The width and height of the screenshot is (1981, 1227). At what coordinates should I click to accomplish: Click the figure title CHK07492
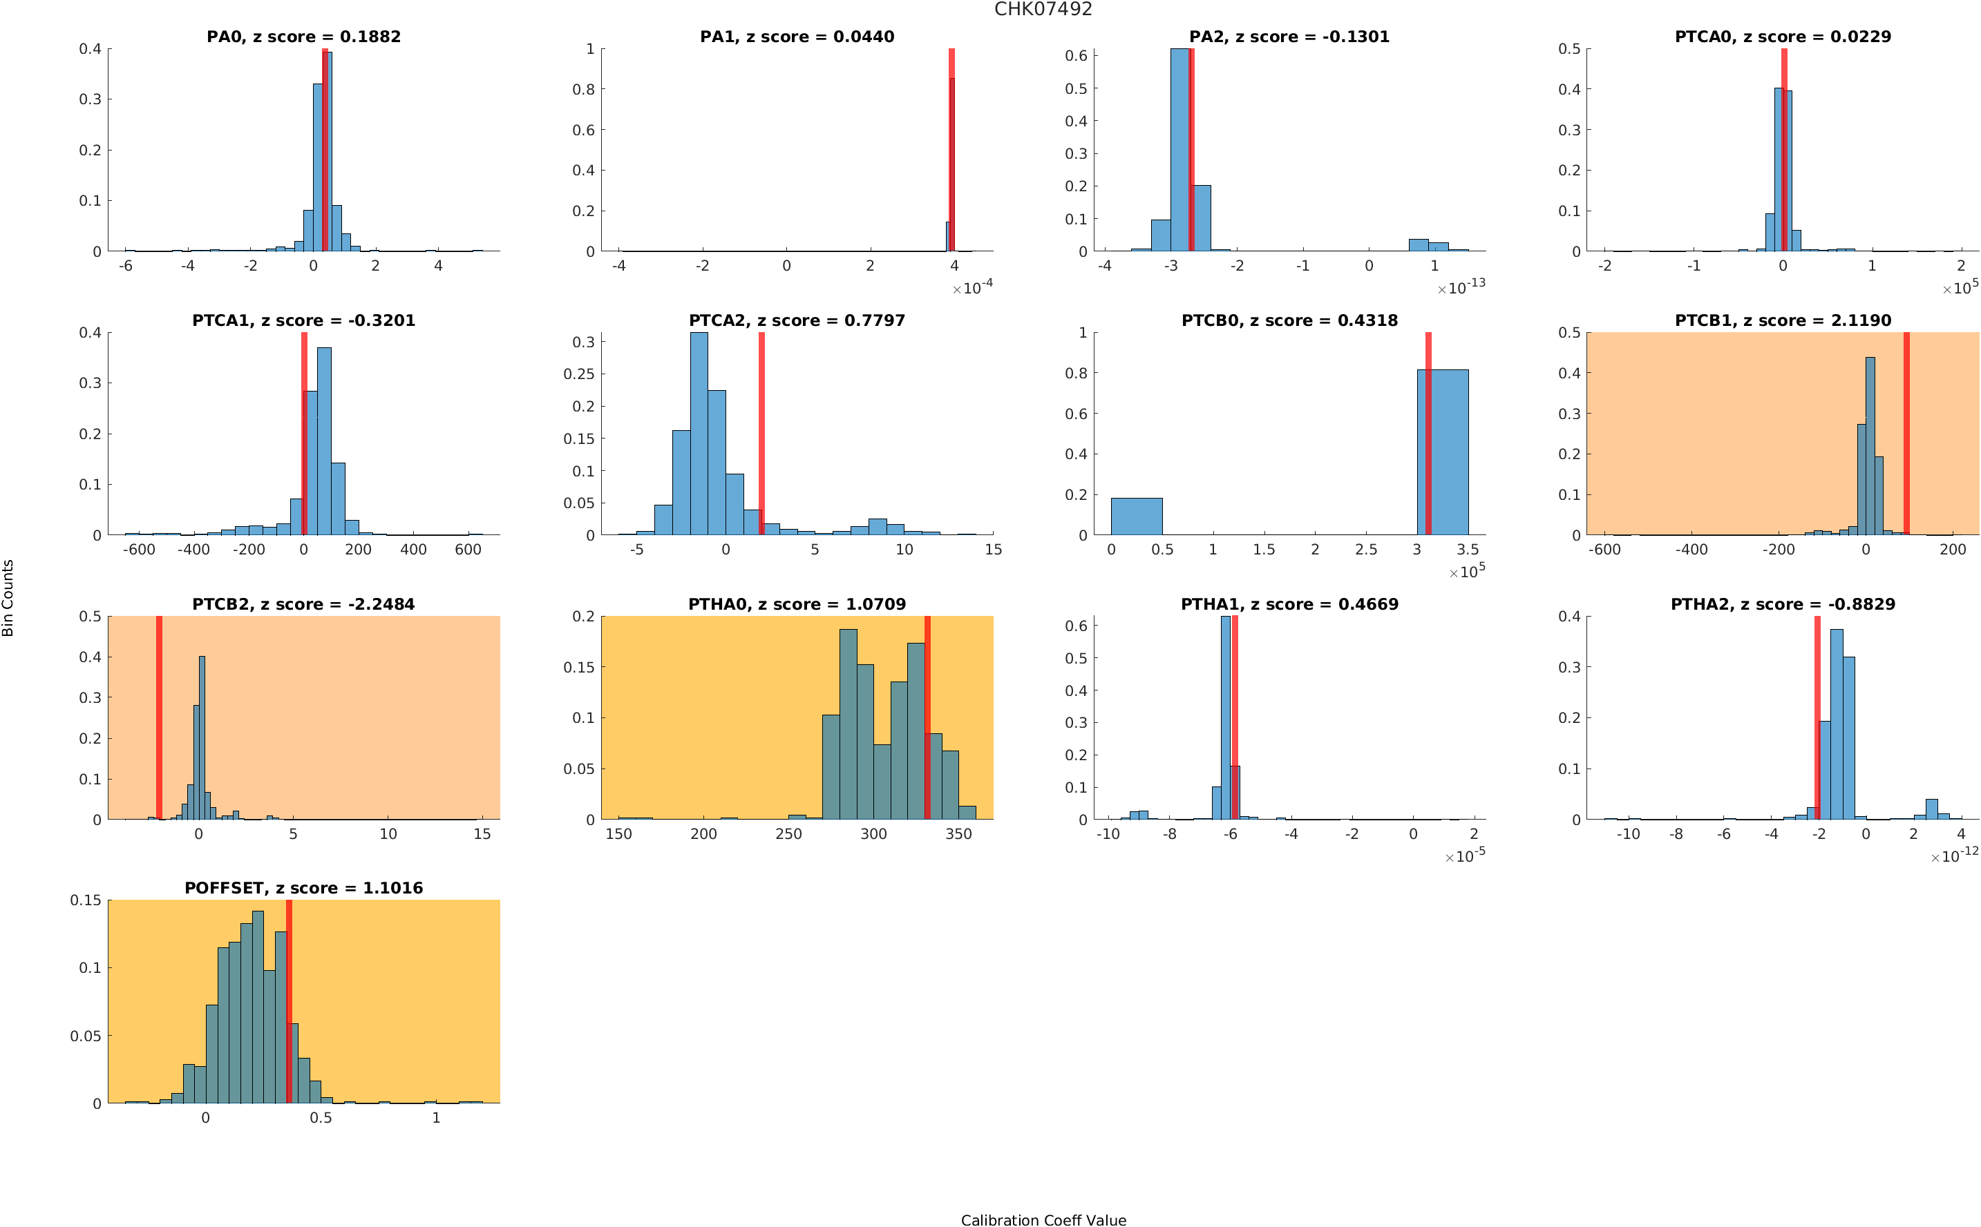pos(1043,9)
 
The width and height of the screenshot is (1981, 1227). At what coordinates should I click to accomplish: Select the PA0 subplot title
pos(303,37)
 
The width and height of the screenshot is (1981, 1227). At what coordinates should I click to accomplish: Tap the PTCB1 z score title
pos(1782,320)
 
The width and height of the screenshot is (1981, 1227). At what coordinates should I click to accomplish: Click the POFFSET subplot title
pos(303,888)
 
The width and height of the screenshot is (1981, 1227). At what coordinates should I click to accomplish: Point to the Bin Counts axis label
pos(8,598)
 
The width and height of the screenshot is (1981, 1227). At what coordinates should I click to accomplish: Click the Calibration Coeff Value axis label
pos(1043,1219)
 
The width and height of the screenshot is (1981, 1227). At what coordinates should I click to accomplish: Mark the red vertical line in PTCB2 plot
pos(159,717)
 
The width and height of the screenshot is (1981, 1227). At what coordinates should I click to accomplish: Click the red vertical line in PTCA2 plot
pos(761,434)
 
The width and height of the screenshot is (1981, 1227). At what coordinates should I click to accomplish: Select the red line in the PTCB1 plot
pos(1906,434)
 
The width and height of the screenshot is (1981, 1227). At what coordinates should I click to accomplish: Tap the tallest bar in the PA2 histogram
pos(1179,150)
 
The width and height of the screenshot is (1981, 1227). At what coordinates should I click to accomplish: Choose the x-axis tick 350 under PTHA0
pos(958,833)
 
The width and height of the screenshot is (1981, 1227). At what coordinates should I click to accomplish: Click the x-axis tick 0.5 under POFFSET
pos(321,1117)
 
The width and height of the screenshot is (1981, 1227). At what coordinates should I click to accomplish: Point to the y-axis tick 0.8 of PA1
pos(583,89)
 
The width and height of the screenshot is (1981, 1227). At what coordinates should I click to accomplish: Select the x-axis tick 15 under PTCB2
pos(482,833)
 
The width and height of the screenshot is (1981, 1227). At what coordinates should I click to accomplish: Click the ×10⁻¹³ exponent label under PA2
pos(1461,287)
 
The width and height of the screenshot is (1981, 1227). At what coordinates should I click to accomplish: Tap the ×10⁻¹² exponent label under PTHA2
pos(1954,856)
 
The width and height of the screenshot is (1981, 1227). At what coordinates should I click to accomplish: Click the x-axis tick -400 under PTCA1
pos(193,550)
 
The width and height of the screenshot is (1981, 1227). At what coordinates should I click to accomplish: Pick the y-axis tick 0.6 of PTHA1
pos(1076,626)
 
